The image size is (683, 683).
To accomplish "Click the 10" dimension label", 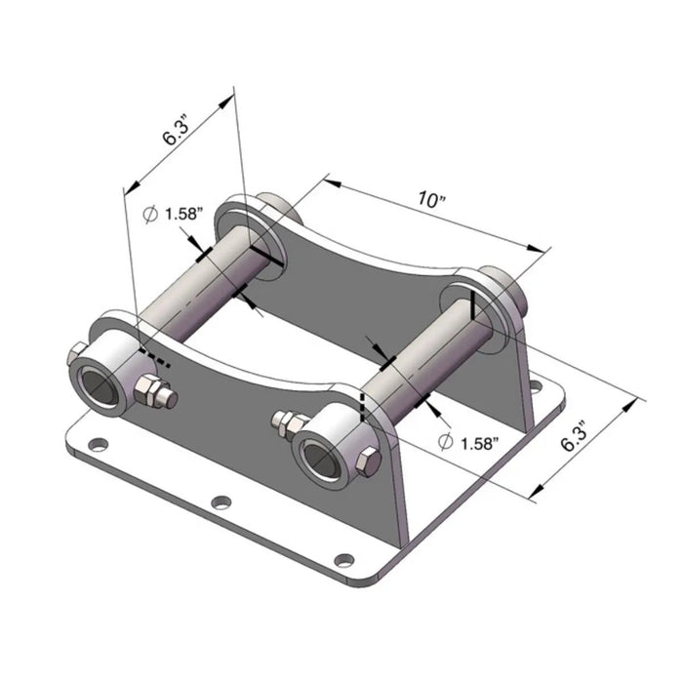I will (429, 199).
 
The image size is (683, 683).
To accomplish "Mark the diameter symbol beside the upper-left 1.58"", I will (150, 214).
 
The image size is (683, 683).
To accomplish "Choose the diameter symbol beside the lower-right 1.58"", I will (445, 442).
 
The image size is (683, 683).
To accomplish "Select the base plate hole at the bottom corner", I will (342, 559).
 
